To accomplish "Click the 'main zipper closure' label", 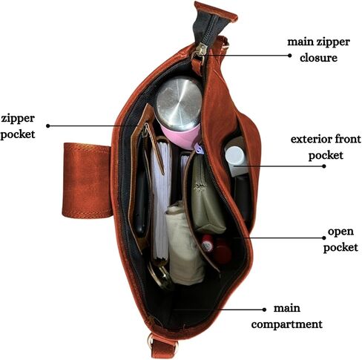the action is (x=318, y=50).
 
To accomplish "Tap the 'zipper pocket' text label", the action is (x=18, y=126).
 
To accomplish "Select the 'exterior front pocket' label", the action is (x=326, y=147).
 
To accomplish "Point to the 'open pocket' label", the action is (x=340, y=239).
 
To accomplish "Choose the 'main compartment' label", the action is (x=287, y=316).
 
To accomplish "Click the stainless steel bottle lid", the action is (x=179, y=103).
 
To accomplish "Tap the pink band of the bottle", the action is (x=181, y=137).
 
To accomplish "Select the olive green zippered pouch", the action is (x=207, y=194).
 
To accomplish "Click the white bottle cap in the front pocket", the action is (x=234, y=156).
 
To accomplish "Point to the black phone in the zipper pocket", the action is (x=141, y=192).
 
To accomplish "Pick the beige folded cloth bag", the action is (x=184, y=243).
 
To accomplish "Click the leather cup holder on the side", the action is (x=87, y=180).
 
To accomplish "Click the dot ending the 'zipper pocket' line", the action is (x=48, y=126).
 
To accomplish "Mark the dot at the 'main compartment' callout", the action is (x=264, y=310).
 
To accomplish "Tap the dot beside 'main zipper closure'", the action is (x=289, y=56).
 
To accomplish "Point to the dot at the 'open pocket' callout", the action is (x=324, y=238).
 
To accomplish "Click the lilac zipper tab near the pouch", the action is (x=199, y=148).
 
